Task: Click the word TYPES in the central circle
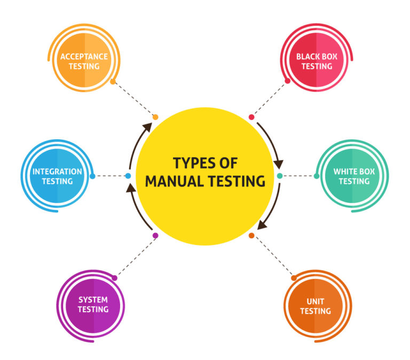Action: (x=194, y=163)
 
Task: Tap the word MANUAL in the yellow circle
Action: (x=174, y=181)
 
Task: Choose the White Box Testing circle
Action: (x=352, y=176)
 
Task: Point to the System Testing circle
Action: (x=91, y=306)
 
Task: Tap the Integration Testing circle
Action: (x=57, y=176)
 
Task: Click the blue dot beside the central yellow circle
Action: (x=128, y=176)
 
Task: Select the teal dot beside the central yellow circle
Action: (x=280, y=176)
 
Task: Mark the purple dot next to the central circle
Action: (x=155, y=236)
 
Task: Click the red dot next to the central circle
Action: (x=251, y=117)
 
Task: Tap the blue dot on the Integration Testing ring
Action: (x=92, y=176)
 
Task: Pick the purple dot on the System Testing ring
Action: (x=115, y=278)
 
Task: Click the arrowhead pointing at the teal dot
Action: (x=278, y=164)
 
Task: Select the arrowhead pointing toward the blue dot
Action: (x=131, y=188)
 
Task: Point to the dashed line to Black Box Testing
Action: (x=269, y=99)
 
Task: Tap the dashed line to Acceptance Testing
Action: (x=134, y=99)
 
